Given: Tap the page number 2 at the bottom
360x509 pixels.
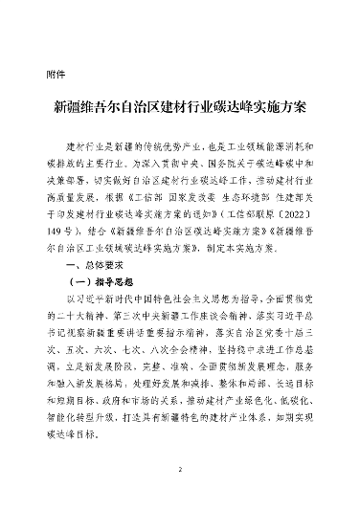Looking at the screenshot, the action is point(179,470).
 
